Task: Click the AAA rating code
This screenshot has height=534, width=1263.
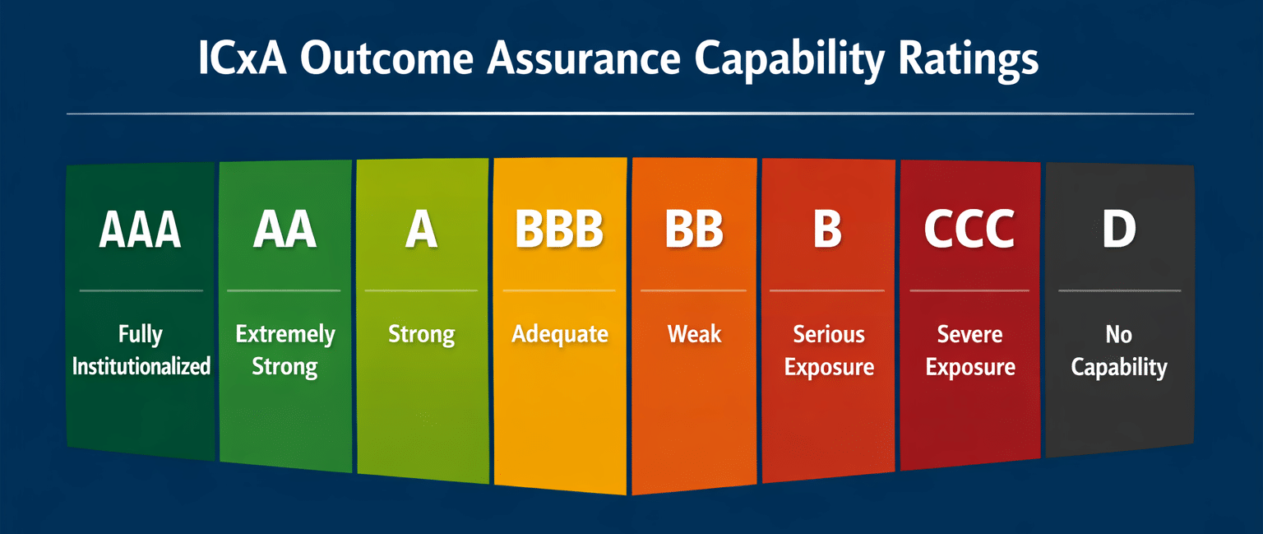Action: click(x=140, y=230)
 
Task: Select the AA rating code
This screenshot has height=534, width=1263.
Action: click(x=285, y=230)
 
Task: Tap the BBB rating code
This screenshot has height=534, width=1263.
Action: click(x=559, y=230)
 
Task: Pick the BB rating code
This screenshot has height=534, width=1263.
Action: click(x=694, y=230)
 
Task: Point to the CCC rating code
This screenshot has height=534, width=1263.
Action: click(x=969, y=230)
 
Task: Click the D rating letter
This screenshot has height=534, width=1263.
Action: click(x=1119, y=230)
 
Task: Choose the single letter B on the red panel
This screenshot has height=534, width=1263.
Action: click(x=827, y=230)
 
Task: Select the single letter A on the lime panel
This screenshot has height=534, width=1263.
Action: click(x=422, y=230)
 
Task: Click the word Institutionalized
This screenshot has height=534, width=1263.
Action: click(x=141, y=366)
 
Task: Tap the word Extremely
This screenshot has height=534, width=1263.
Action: click(x=285, y=335)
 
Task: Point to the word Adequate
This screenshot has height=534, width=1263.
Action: click(x=560, y=334)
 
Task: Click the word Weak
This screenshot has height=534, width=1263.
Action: click(x=694, y=333)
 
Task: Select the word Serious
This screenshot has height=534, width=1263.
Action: click(x=829, y=334)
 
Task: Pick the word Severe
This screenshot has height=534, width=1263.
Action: click(x=969, y=334)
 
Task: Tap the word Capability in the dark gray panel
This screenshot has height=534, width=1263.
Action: click(x=1119, y=368)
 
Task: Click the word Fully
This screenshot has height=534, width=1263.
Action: click(x=141, y=334)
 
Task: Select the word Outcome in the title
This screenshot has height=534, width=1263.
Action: click(x=386, y=58)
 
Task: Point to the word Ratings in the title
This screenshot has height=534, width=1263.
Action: click(x=968, y=59)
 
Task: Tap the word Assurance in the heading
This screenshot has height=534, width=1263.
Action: click(x=584, y=58)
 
